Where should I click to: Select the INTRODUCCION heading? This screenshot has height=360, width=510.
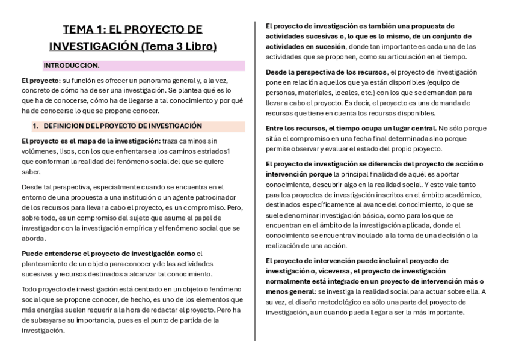click(71, 66)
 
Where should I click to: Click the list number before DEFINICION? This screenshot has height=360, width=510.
click(35, 126)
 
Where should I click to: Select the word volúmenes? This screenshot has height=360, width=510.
click(38, 151)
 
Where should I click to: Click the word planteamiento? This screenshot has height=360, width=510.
click(46, 264)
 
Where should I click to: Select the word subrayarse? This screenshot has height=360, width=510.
click(53, 320)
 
